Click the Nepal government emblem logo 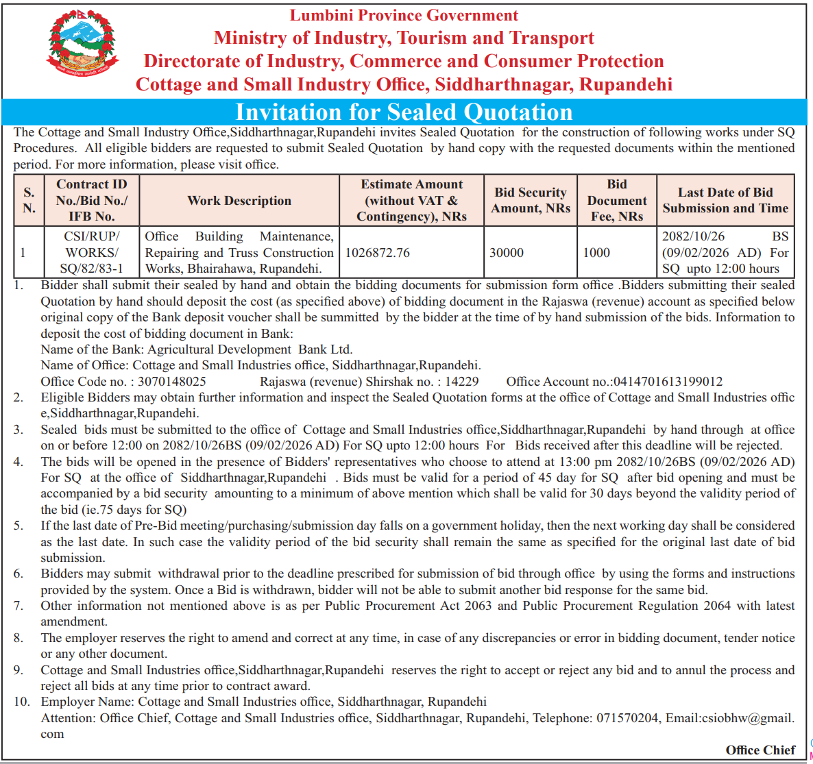tap(83, 43)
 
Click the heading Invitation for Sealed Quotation tap(404, 112)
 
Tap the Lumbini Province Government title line tap(404, 15)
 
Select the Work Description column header tap(239, 201)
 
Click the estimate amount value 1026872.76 tap(378, 253)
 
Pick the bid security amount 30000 tap(507, 253)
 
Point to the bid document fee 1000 tap(596, 253)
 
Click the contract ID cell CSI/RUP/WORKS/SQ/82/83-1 tap(92, 252)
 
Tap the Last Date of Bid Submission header tap(725, 200)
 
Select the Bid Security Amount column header tap(531, 200)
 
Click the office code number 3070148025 tap(172, 382)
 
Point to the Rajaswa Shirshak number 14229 tap(462, 382)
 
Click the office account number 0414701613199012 tap(668, 382)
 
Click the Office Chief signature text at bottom tap(760, 750)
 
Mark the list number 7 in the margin tap(19, 606)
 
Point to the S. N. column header tap(29, 200)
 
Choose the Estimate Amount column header tap(411, 200)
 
